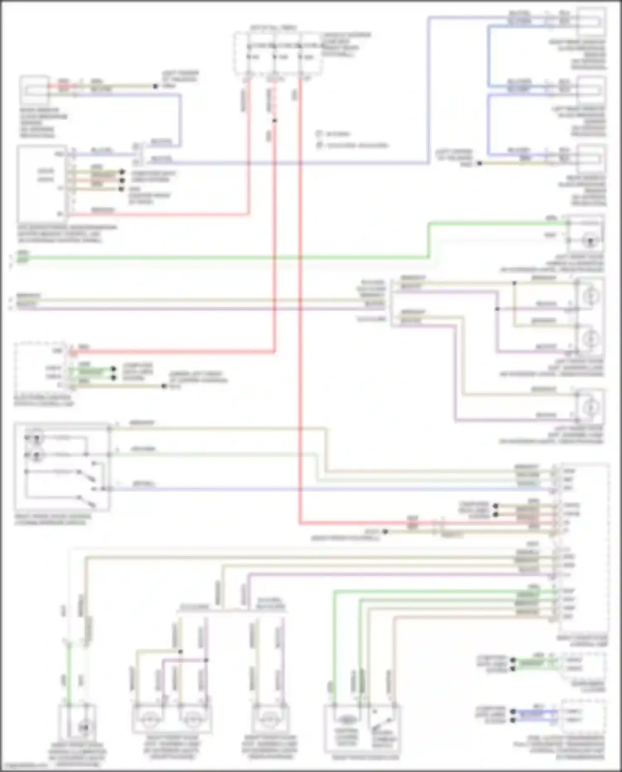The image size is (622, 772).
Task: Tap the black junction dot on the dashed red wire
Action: (274, 121)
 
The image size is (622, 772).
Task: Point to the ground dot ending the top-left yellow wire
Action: (155, 86)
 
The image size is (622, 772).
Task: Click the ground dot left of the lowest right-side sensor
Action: (479, 163)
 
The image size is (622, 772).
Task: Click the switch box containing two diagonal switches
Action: (62, 467)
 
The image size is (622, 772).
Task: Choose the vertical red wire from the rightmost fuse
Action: (300, 290)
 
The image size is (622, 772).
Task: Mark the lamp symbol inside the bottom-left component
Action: (84, 727)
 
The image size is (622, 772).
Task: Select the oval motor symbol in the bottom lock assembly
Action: (346, 721)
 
